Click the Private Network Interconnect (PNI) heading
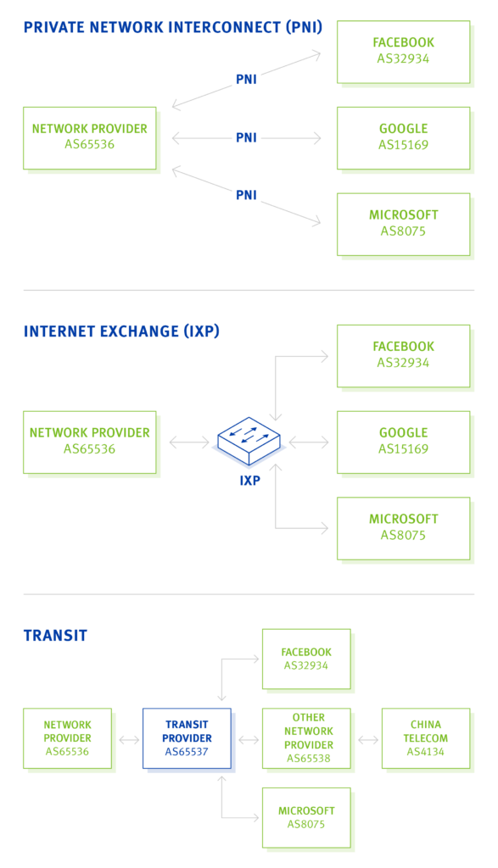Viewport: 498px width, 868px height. tap(172, 28)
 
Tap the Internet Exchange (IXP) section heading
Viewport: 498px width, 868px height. tap(121, 331)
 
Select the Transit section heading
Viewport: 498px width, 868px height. tap(55, 636)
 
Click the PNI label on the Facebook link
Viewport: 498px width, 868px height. tap(246, 80)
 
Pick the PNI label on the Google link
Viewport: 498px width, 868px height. tap(246, 137)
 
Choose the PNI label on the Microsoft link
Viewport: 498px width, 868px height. tap(246, 195)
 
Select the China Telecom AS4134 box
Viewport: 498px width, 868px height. tap(425, 738)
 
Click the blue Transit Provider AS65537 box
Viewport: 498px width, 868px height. tap(186, 738)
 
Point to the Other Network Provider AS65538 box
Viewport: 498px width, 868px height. tap(306, 738)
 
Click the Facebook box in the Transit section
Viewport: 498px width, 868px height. tap(306, 659)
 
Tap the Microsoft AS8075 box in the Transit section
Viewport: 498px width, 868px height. tap(306, 817)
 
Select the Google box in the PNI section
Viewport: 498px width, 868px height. tap(403, 137)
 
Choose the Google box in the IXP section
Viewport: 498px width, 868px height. tap(403, 442)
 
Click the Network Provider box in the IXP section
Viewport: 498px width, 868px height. tap(89, 442)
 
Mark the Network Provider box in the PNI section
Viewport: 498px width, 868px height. tap(89, 137)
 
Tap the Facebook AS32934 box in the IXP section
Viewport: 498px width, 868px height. tap(403, 355)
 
